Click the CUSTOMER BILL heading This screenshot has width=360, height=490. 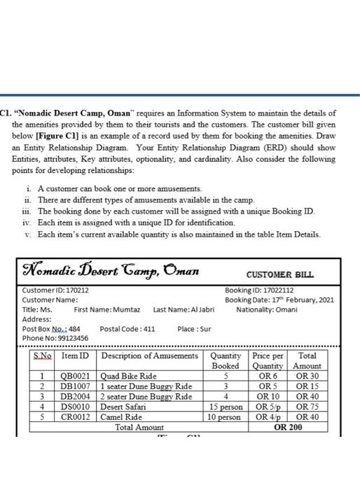click(x=280, y=275)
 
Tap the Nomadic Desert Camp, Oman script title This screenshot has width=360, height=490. click(x=111, y=271)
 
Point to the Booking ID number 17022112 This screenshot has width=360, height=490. click(x=279, y=290)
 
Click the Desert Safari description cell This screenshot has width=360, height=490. click(x=123, y=407)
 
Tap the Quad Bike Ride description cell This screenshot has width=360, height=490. click(x=130, y=376)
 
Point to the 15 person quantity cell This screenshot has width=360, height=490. click(x=226, y=407)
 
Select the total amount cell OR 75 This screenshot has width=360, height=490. click(x=307, y=407)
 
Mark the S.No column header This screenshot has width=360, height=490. click(x=42, y=356)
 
